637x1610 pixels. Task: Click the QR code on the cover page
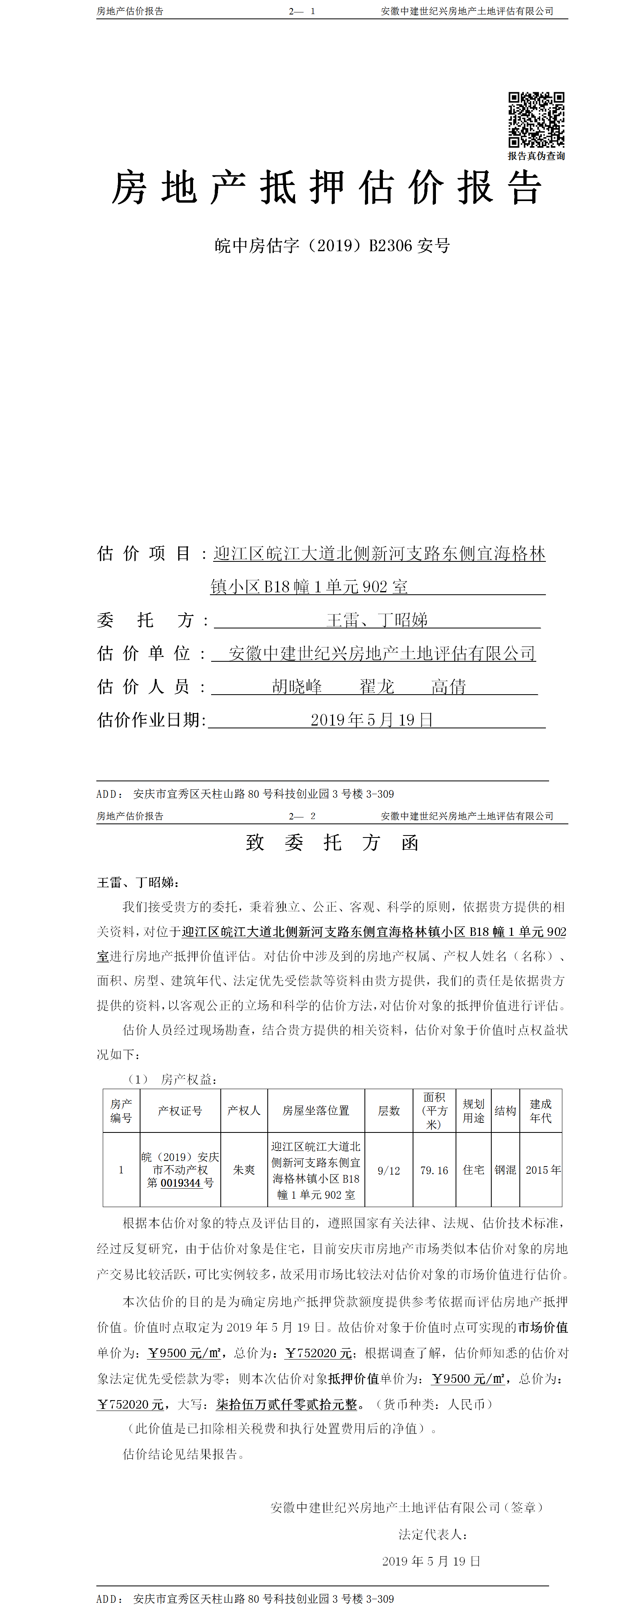pyautogui.click(x=536, y=120)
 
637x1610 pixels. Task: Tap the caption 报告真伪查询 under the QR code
pyautogui.click(x=536, y=156)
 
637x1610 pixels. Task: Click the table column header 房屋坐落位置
pyautogui.click(x=315, y=1111)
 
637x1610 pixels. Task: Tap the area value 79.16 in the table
pyautogui.click(x=434, y=1171)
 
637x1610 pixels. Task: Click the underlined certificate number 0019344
pyautogui.click(x=181, y=1183)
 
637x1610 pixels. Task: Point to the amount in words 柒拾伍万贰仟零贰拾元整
pyautogui.click(x=286, y=1405)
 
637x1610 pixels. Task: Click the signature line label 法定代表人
pyautogui.click(x=433, y=1535)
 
